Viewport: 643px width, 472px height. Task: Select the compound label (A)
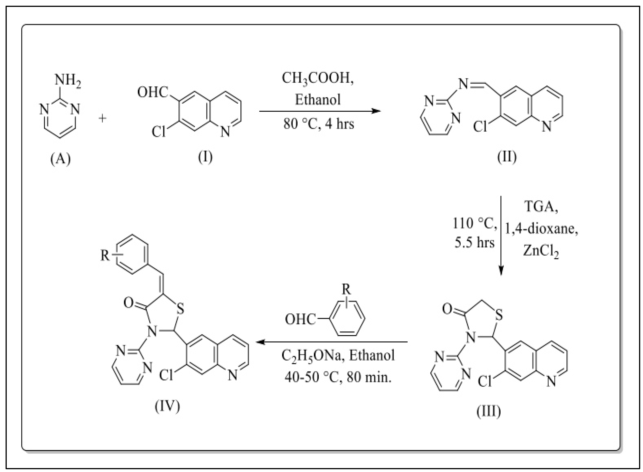(x=60, y=159)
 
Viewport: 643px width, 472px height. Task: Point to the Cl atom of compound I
(x=159, y=132)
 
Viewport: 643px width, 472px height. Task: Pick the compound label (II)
(x=507, y=157)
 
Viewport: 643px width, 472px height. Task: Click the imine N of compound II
(x=463, y=84)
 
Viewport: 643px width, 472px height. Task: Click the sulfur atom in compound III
(x=499, y=315)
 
